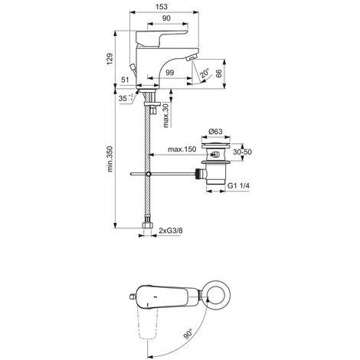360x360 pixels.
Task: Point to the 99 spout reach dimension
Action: (x=169, y=71)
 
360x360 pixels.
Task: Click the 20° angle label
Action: (x=205, y=75)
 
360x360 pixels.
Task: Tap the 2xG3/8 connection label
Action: (x=175, y=227)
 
